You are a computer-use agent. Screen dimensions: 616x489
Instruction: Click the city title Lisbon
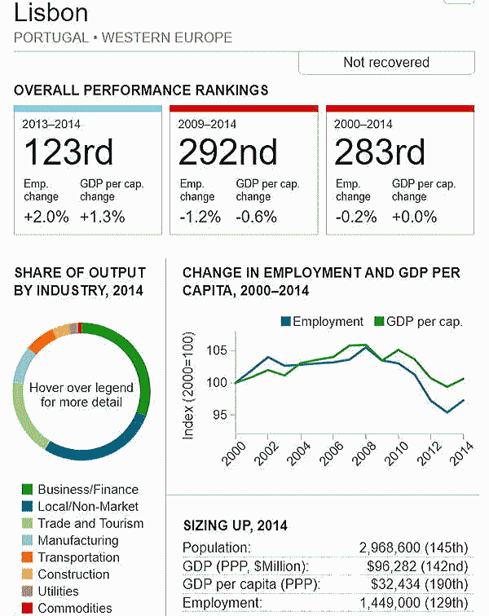coord(51,12)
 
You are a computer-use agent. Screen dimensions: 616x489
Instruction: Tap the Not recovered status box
coord(385,63)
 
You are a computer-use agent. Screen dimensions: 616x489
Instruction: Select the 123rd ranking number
coord(68,152)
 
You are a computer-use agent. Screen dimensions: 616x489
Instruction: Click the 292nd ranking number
coord(227,152)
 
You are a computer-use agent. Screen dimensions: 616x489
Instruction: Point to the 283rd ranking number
coord(380,152)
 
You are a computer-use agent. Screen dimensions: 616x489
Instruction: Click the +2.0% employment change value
coord(46,217)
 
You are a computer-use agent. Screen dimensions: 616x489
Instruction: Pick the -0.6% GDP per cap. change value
coord(256,217)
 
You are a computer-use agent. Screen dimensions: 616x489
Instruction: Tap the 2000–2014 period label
coord(363,124)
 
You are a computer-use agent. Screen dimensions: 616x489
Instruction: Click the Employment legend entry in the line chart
coord(322,321)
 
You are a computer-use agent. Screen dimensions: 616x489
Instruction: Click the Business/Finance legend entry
coord(88,490)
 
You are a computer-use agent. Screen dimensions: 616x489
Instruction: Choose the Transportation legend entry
coord(78,557)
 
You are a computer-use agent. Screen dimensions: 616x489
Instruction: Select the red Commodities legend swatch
coord(27,608)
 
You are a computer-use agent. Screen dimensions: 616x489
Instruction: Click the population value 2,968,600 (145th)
coord(413,548)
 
